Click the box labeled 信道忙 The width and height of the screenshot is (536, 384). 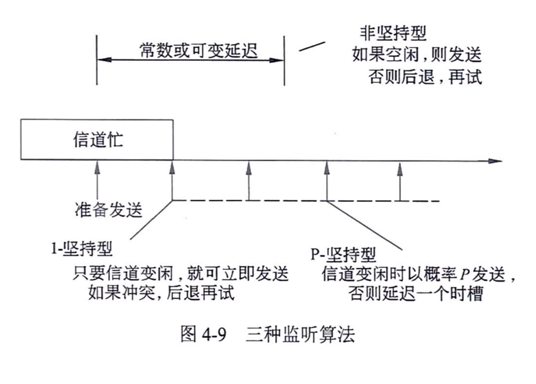[x=97, y=140]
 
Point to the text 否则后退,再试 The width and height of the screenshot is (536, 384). [x=425, y=77]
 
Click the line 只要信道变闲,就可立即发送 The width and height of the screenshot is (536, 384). [x=182, y=272]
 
